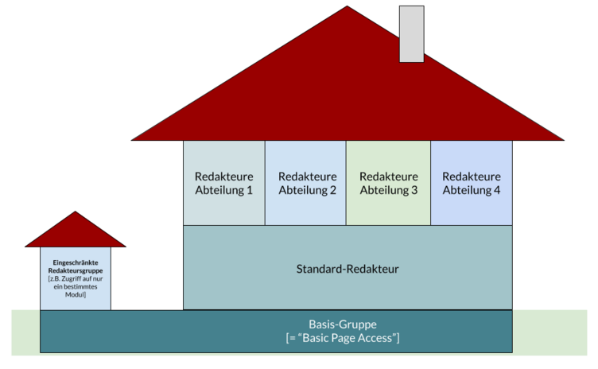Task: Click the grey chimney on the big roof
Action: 411,34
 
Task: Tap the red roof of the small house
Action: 75,234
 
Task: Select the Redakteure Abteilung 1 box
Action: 224,183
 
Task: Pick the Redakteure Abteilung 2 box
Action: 305,183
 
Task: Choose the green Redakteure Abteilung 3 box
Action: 388,183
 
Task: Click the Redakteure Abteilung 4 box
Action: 472,183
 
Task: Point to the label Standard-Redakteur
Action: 348,269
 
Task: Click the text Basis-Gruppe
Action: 343,324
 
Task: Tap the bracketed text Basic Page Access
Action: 343,338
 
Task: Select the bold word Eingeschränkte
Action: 76,262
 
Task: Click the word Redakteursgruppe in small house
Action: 76,270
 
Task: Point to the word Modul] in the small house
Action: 76,294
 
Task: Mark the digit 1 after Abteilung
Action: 250,190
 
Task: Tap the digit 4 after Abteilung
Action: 497,190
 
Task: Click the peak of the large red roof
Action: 347,6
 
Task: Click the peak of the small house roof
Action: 75,212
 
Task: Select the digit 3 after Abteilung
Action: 414,190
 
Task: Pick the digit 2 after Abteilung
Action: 333,190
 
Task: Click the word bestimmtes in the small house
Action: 80,286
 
